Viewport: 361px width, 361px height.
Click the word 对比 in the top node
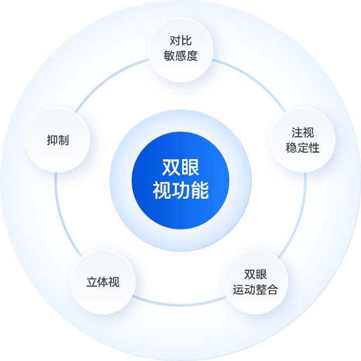click(x=181, y=41)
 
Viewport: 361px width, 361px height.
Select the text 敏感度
click(x=181, y=56)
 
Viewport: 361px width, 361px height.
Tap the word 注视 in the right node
click(x=303, y=133)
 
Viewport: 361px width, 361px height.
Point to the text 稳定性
click(x=303, y=148)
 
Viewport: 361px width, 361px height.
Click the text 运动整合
click(x=256, y=289)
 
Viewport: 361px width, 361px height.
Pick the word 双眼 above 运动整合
click(x=256, y=275)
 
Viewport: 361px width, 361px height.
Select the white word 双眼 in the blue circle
click(x=181, y=167)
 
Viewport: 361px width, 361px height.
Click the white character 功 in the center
click(x=181, y=190)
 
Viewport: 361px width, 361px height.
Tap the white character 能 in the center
click(x=200, y=190)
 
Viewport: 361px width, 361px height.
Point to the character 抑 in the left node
click(x=52, y=140)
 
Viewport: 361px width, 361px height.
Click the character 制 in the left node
click(x=63, y=140)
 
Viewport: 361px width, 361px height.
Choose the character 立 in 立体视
click(x=91, y=282)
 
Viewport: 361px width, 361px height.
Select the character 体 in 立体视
click(x=103, y=282)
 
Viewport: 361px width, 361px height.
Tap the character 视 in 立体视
click(x=114, y=282)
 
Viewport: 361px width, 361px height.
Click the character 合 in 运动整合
click(x=273, y=289)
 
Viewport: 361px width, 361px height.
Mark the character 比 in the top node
click(x=187, y=41)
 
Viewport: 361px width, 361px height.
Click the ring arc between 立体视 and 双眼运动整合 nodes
click(x=180, y=305)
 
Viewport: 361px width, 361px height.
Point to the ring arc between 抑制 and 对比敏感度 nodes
click(x=108, y=79)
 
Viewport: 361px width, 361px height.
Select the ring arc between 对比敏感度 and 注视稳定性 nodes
click(x=253, y=79)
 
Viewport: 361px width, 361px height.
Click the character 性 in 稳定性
click(x=314, y=148)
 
